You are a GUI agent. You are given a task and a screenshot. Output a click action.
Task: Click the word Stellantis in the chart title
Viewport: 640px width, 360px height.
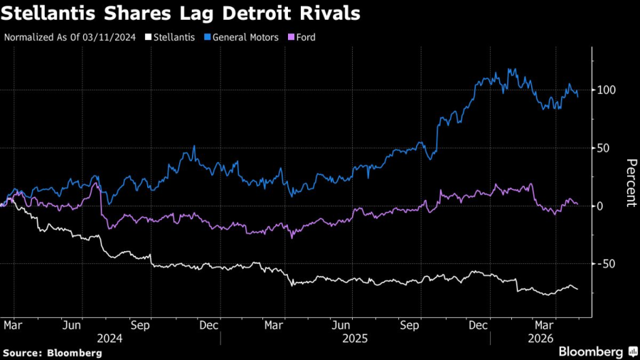(48, 13)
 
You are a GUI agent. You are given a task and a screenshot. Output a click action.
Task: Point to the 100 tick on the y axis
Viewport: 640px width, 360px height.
(606, 90)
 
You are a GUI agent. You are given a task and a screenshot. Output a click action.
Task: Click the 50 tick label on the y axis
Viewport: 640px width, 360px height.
(604, 148)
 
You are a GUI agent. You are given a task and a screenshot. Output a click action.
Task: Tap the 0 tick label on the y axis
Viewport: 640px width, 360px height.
(601, 206)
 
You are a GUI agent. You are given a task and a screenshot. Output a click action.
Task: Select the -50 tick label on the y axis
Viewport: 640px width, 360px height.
(605, 264)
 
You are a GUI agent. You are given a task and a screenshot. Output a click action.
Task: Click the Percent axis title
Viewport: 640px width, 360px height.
(630, 184)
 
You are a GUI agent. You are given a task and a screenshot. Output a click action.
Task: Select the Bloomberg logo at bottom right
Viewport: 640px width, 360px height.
(596, 351)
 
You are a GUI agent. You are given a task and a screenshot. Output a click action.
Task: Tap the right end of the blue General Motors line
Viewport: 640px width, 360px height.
(577, 97)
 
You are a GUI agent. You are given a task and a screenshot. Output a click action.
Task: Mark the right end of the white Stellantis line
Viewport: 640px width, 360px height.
(577, 289)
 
